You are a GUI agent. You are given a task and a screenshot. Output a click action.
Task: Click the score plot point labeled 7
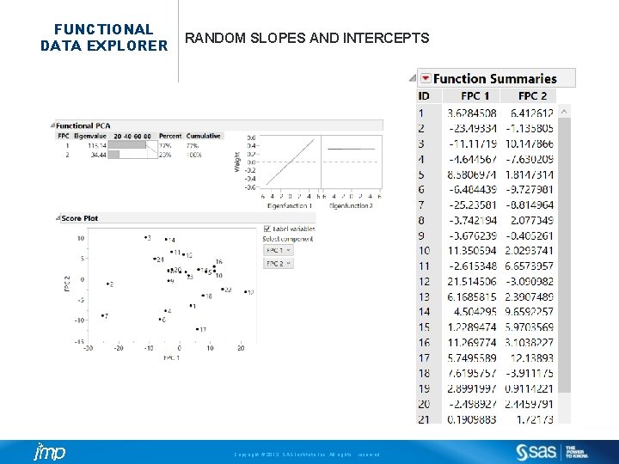[x=101, y=316]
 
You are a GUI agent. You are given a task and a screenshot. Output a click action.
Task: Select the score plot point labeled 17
[x=197, y=328]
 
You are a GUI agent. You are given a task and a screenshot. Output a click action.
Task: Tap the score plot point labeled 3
[x=144, y=237]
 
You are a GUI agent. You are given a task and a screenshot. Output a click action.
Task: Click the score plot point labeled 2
[x=105, y=284]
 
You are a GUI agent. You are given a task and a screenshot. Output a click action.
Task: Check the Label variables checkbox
[x=267, y=229]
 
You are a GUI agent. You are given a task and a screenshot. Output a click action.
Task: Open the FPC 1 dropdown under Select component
[x=278, y=250]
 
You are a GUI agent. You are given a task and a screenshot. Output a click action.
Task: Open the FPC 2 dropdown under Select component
[x=278, y=264]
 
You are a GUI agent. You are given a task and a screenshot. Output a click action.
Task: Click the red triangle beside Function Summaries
[x=425, y=78]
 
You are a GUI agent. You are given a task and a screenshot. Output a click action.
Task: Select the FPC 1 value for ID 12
[x=471, y=281]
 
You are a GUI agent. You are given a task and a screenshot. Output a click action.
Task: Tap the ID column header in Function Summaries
[x=425, y=95]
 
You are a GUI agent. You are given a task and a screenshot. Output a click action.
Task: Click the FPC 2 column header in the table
[x=533, y=95]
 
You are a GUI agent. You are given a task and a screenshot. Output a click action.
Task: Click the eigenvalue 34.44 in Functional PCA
[x=95, y=155]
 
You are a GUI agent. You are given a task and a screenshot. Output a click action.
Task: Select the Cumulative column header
[x=204, y=136]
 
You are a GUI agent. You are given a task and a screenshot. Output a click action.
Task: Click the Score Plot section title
[x=79, y=218]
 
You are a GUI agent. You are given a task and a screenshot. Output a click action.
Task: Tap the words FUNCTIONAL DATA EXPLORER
[x=103, y=37]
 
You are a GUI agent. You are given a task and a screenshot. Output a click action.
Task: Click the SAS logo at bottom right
[x=537, y=452]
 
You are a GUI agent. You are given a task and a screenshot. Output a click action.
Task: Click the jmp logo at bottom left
[x=48, y=452]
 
